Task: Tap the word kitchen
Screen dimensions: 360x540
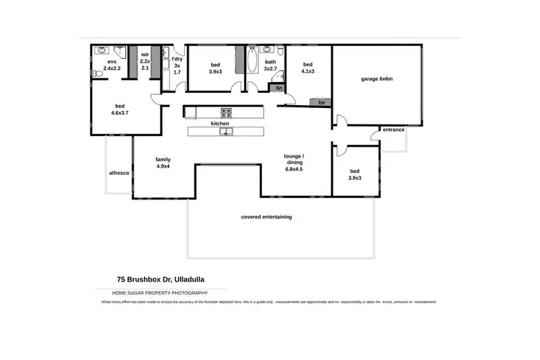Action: tap(220, 124)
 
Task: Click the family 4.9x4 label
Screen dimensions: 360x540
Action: tap(163, 163)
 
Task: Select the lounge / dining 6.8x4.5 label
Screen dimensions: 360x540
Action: tap(294, 163)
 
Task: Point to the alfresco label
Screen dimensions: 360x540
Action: tap(118, 174)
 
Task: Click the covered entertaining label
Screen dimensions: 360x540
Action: tap(266, 217)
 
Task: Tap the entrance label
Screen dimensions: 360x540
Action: tap(393, 130)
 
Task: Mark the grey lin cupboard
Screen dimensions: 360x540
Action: tap(277, 89)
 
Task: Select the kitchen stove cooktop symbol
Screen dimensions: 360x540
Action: tap(225, 112)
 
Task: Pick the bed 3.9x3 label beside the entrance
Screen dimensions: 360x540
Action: tap(355, 174)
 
